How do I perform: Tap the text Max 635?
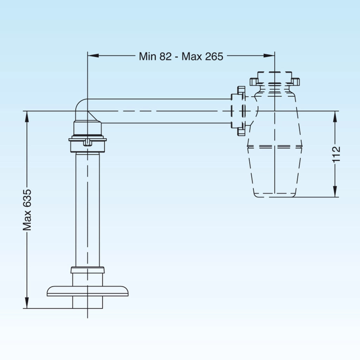point(27,210)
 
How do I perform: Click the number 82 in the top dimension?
point(166,56)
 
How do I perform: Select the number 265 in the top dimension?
point(214,56)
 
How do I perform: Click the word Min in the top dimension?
point(148,56)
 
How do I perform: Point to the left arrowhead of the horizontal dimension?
point(93,56)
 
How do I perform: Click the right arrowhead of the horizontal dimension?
point(269,56)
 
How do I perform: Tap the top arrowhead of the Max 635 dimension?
point(27,117)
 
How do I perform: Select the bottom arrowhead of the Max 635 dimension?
point(27,303)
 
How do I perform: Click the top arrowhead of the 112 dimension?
point(335,117)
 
